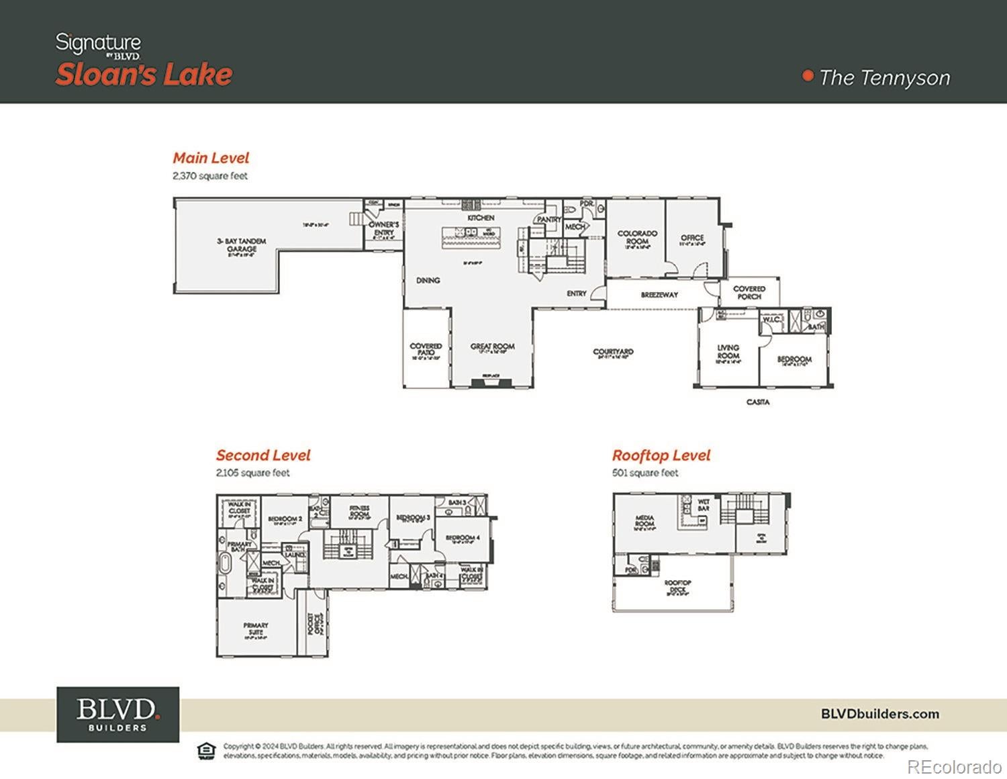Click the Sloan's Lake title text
144,75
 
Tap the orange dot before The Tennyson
808,76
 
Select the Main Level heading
211,158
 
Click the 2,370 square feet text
210,176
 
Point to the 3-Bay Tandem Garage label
241,244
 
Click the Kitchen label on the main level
481,218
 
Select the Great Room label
492,347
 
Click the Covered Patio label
426,349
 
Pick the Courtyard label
613,352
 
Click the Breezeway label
659,295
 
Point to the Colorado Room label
637,237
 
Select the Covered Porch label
749,292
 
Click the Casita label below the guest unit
758,402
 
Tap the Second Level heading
263,455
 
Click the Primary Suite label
256,629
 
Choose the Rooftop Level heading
661,455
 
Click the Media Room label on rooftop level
644,521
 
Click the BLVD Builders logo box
117,714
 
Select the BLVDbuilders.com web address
879,714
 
